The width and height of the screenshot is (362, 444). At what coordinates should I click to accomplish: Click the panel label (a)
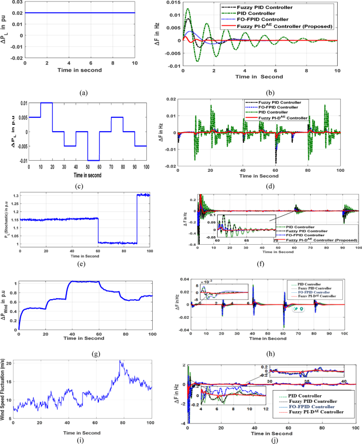tap(83, 78)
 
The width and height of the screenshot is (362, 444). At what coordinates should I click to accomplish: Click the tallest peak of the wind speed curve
tap(120, 361)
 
